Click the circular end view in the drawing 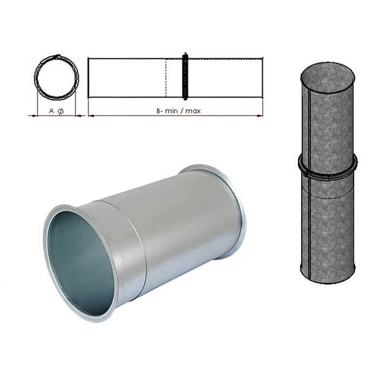coord(56,77)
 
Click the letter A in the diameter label coord(51,110)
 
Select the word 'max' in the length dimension coord(193,110)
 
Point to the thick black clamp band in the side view coord(185,76)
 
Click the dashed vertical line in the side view coord(166,77)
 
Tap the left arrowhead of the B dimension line coord(90,115)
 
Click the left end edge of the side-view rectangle coord(88,77)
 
